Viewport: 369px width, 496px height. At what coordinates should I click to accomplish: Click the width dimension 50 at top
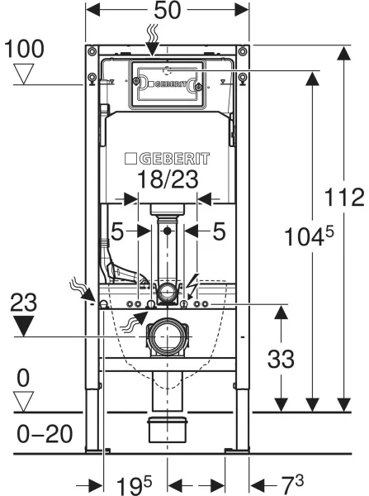click(168, 12)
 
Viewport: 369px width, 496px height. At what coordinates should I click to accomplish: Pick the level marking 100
click(22, 49)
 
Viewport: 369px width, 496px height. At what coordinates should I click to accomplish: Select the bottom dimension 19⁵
click(125, 484)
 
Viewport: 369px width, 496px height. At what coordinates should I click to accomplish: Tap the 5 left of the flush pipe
click(117, 233)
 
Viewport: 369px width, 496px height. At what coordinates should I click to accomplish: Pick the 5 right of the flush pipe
click(219, 233)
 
